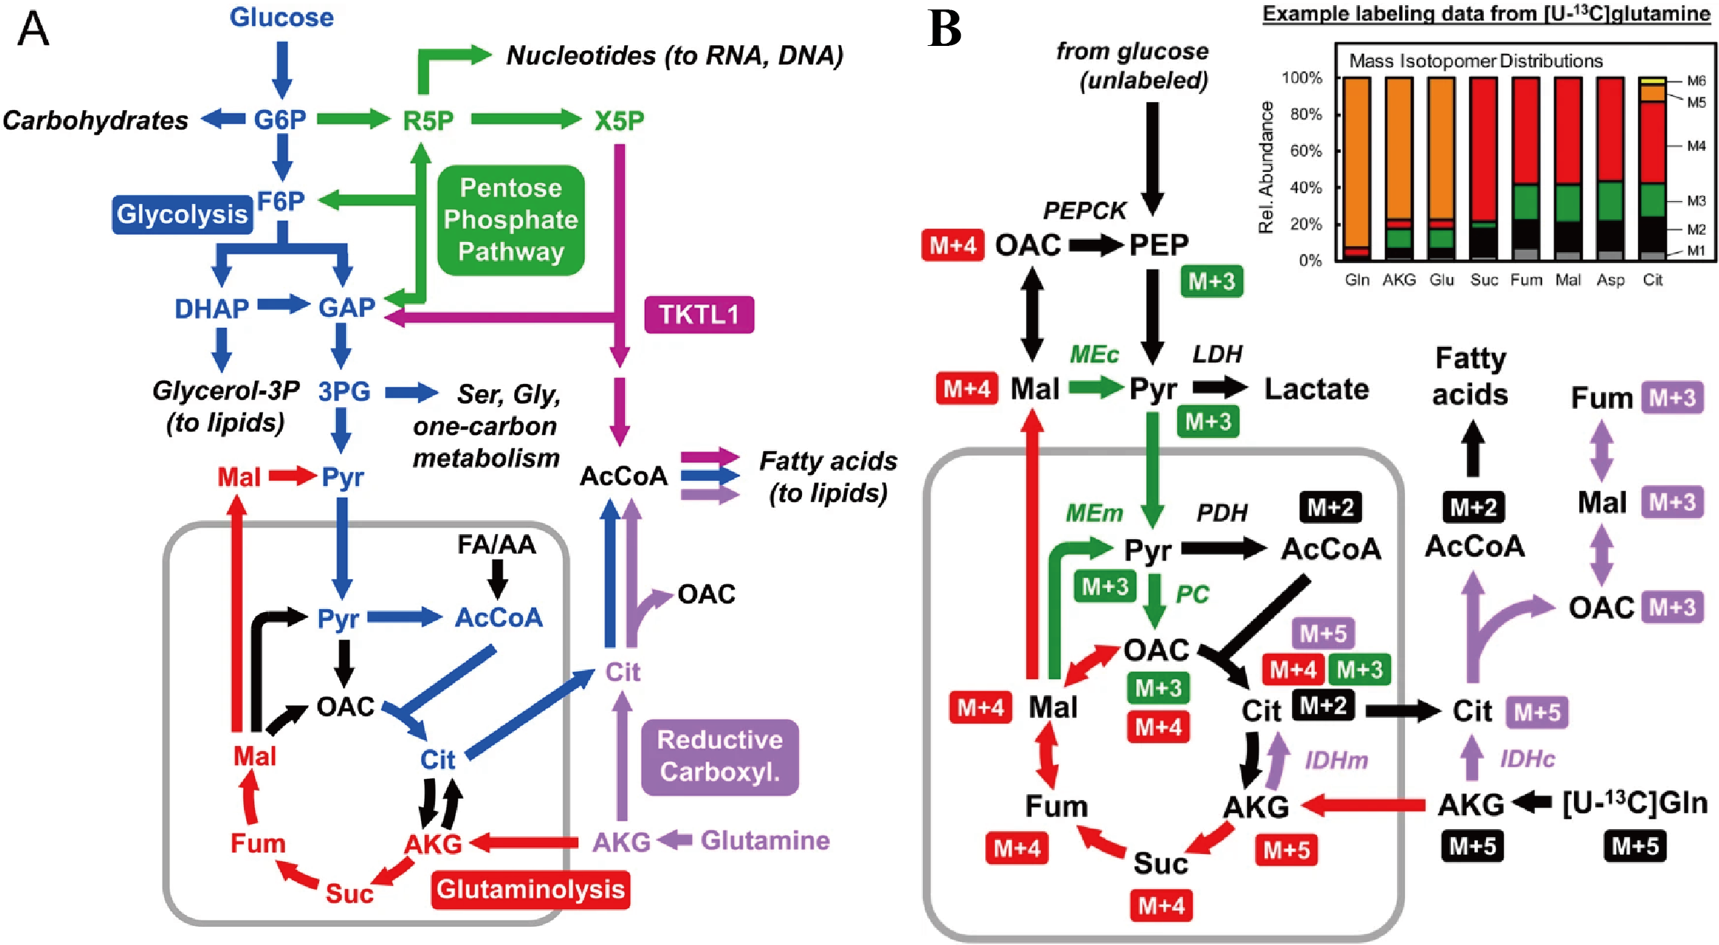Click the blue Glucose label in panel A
click(x=281, y=17)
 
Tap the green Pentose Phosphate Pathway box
click(x=511, y=219)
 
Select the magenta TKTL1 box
click(x=699, y=315)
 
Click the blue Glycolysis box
click(x=182, y=214)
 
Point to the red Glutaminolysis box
click(x=530, y=890)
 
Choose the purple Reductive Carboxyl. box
click(x=720, y=756)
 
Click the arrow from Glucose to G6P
click(x=282, y=69)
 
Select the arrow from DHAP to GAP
click(x=283, y=305)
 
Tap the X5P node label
click(x=619, y=120)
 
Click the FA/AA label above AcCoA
click(x=496, y=544)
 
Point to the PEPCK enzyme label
click(x=1085, y=211)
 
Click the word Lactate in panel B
click(x=1316, y=389)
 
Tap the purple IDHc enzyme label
click(x=1527, y=759)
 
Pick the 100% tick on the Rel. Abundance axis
click(x=1302, y=78)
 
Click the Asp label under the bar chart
click(x=1610, y=280)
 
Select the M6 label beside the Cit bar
click(x=1696, y=81)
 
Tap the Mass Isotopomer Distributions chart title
click(x=1476, y=60)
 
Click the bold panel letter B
click(x=945, y=30)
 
